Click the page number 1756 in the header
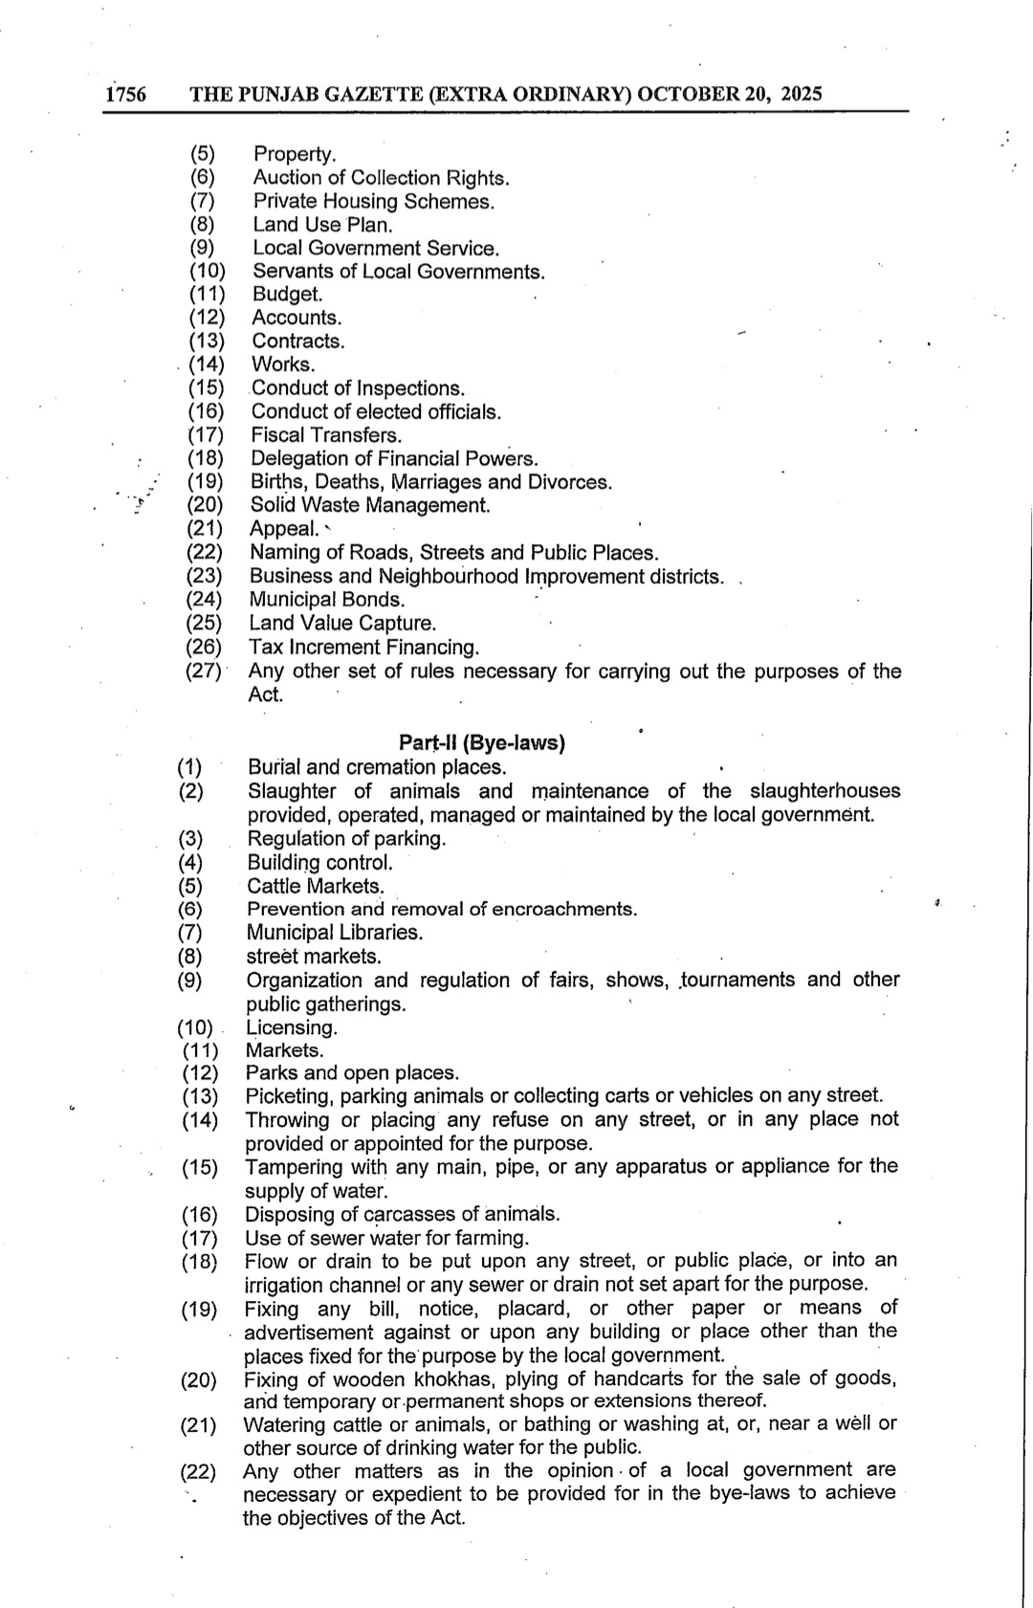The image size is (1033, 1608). click(126, 95)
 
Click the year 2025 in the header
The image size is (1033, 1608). click(802, 94)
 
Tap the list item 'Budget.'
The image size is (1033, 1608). click(287, 295)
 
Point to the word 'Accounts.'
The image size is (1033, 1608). click(297, 318)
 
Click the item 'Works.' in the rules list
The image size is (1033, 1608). click(282, 364)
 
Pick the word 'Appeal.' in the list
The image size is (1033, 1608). click(284, 529)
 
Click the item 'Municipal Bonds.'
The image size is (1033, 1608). click(326, 600)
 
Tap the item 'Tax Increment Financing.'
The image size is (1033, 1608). click(364, 648)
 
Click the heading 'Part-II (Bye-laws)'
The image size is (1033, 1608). click(481, 743)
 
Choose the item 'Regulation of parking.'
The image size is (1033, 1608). click(346, 839)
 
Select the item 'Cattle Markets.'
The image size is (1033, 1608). click(315, 886)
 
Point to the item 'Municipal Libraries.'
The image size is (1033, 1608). click(334, 933)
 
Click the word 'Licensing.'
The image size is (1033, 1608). click(292, 1028)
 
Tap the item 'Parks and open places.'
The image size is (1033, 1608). click(352, 1073)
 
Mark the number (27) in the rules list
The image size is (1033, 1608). click(204, 671)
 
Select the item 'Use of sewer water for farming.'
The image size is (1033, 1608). click(386, 1238)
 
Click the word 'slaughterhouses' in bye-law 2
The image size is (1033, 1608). click(824, 791)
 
